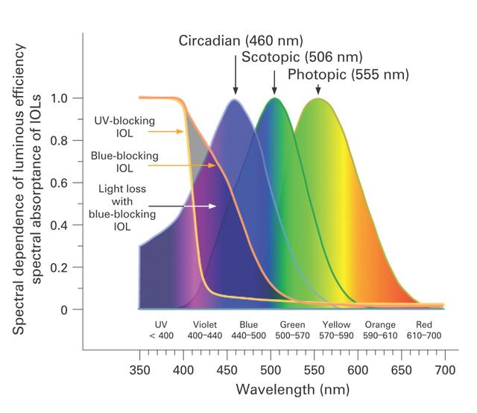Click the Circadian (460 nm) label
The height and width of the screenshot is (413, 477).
coord(241,41)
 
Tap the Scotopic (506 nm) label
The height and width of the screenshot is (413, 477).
coord(302,57)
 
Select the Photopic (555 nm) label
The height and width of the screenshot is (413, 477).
coord(348,75)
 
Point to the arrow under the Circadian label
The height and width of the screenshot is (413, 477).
coord(236,75)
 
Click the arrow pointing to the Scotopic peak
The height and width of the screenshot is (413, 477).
coord(274,83)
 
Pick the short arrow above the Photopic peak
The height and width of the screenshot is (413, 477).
coord(318,89)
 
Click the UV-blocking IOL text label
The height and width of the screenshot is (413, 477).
coord(124,127)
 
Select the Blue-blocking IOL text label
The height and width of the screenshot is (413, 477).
coord(124,162)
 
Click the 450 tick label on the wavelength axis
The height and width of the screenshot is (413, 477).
coord(227,371)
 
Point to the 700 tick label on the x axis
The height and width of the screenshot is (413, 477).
coord(445,371)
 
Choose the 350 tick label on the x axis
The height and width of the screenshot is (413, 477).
coord(139,371)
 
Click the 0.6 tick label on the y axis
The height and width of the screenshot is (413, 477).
coord(59,183)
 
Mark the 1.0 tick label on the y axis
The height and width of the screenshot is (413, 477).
coord(59,98)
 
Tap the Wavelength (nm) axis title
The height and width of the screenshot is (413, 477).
coord(293,390)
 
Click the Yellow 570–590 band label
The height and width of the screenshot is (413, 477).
coord(336,330)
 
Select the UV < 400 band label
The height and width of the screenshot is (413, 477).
coord(161,330)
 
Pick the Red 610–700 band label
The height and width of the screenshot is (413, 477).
coord(424,330)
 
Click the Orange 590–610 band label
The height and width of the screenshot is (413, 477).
coord(380,330)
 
